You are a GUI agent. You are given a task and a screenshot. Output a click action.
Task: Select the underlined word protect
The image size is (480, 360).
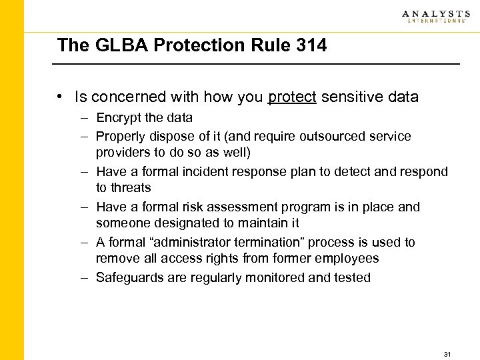tap(292, 97)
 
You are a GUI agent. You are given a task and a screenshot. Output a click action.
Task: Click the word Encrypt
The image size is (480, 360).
tap(118, 118)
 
